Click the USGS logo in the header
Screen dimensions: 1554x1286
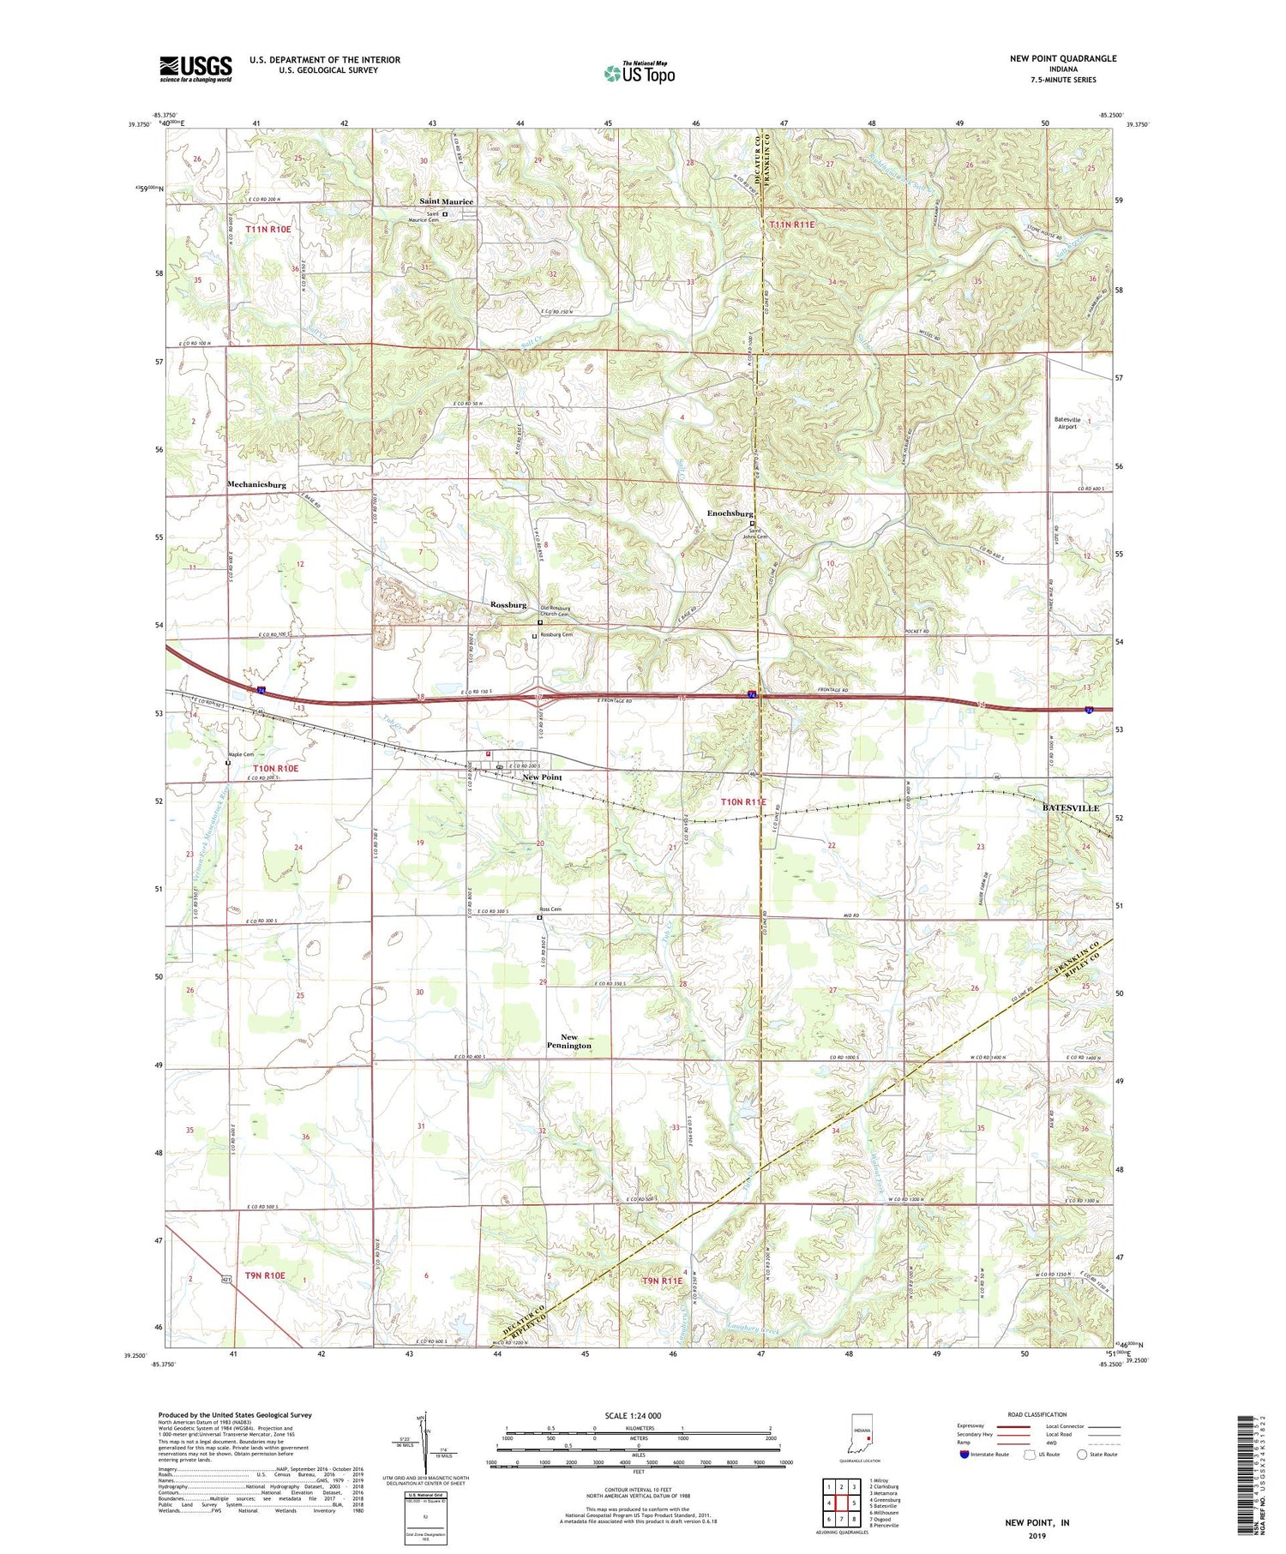pyautogui.click(x=195, y=69)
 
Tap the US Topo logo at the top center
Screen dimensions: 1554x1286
pyautogui.click(x=639, y=74)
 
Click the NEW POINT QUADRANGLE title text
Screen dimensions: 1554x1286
pyautogui.click(x=1063, y=58)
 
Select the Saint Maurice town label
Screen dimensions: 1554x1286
pyautogui.click(x=446, y=201)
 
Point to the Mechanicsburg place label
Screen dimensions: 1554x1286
pyautogui.click(x=256, y=484)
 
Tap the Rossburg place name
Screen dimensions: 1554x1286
pyautogui.click(x=508, y=604)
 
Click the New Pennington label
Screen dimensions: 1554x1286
pyautogui.click(x=568, y=1041)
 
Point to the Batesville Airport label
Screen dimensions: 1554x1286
pyautogui.click(x=1067, y=422)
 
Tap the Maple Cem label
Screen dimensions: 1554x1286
pyautogui.click(x=241, y=754)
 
